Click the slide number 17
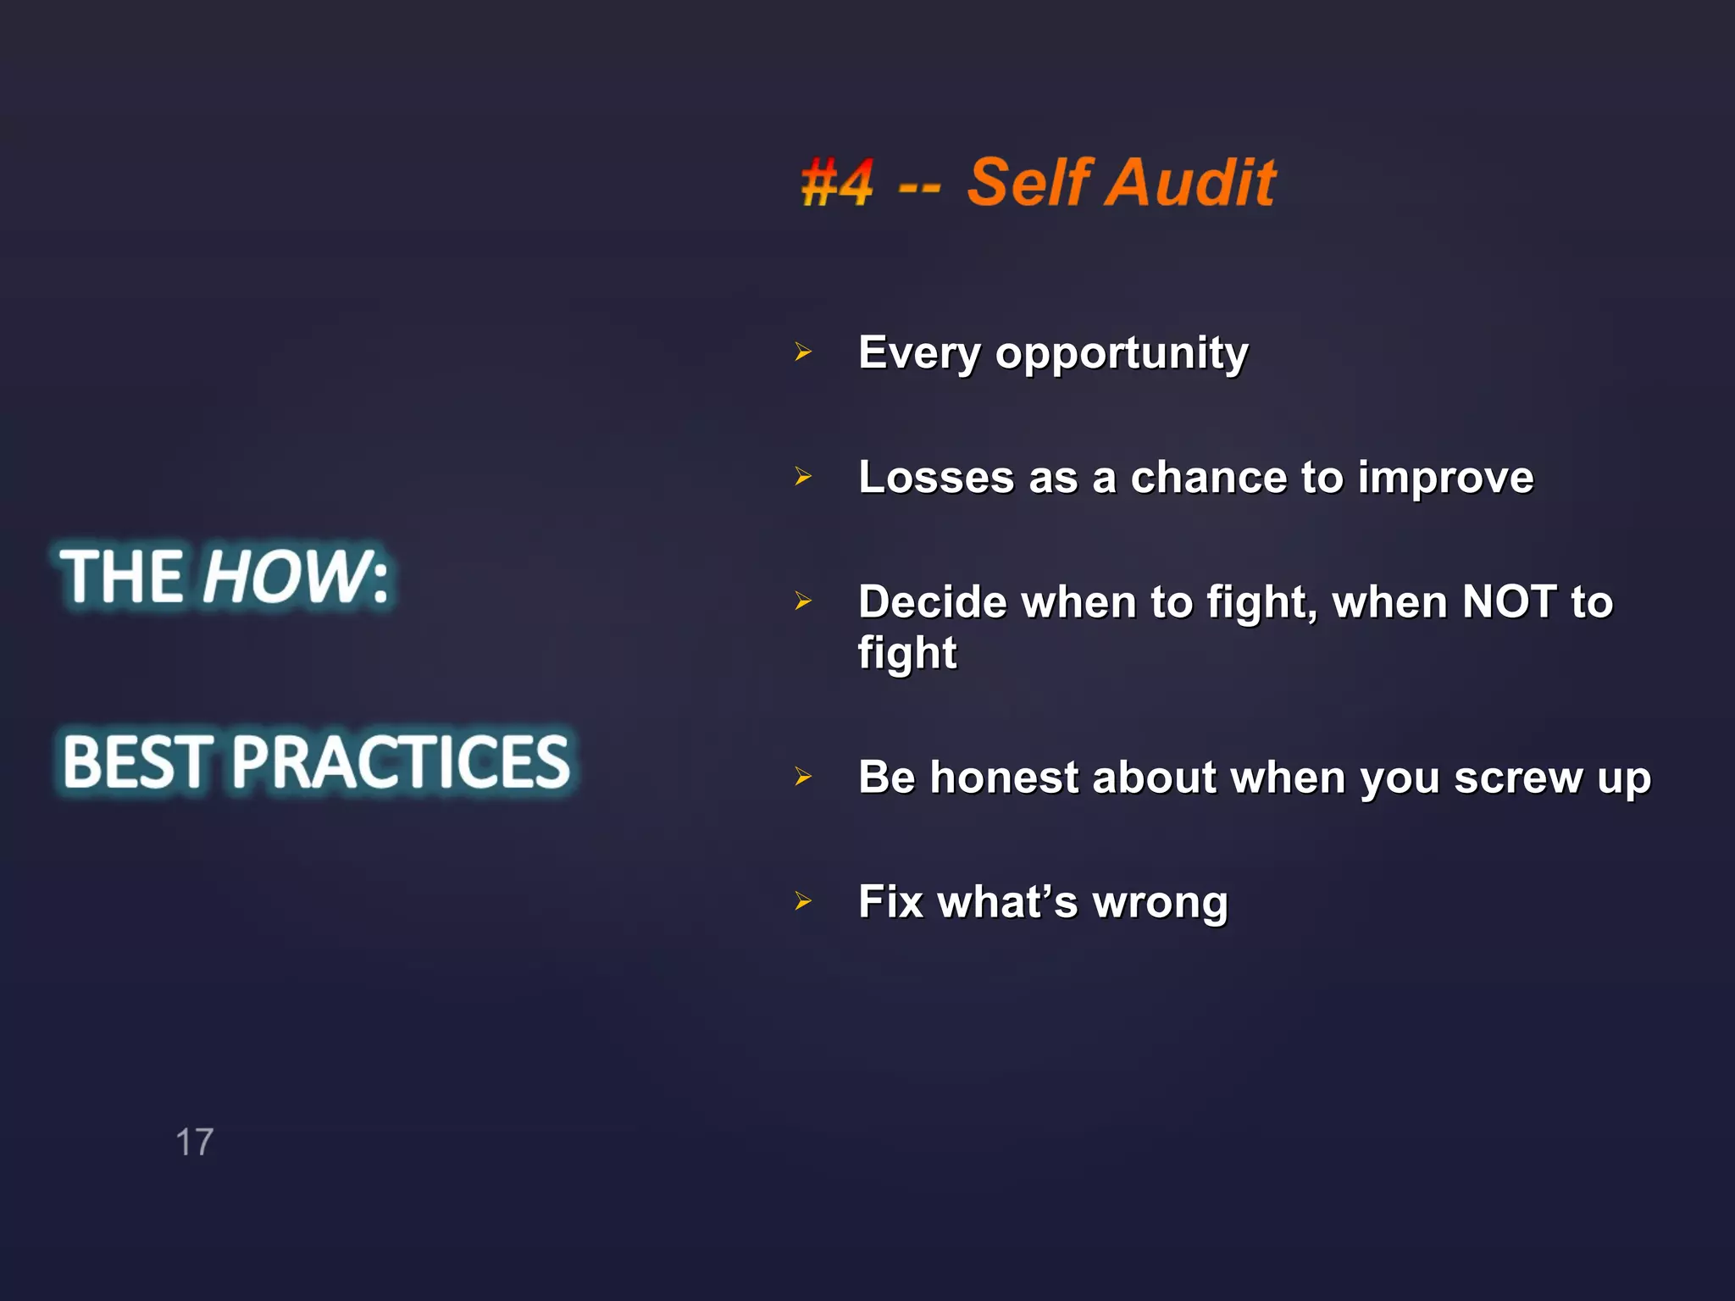click(x=194, y=1143)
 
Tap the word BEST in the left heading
click(x=137, y=761)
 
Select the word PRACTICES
click(x=401, y=761)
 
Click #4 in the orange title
click(x=836, y=183)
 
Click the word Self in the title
click(x=1029, y=183)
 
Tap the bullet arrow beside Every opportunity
click(x=803, y=352)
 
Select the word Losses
click(x=936, y=477)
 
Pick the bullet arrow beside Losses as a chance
click(x=803, y=477)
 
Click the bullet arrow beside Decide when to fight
click(x=803, y=601)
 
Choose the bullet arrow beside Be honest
click(x=803, y=776)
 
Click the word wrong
click(x=1160, y=903)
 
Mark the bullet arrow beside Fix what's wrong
click(x=803, y=901)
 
